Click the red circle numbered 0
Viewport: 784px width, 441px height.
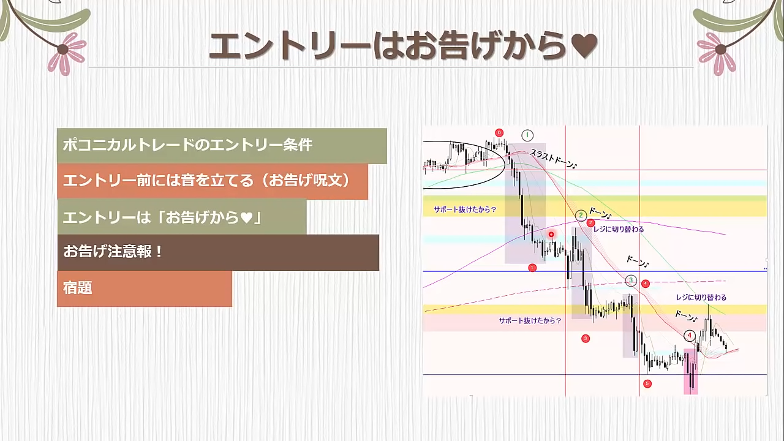pos(499,133)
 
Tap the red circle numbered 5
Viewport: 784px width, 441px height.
pos(647,383)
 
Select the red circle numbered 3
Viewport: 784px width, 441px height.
pos(586,339)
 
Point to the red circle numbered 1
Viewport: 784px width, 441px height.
pos(532,268)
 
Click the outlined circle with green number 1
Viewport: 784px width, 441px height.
pos(527,135)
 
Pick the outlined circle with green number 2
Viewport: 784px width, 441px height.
pos(581,215)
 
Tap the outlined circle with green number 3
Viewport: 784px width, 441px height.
pos(631,280)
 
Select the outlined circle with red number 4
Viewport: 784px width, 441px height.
pos(690,336)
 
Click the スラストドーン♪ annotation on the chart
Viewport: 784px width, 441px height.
pos(553,159)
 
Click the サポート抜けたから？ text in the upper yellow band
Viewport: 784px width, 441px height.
pos(465,209)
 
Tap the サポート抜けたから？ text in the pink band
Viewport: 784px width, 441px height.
pos(530,320)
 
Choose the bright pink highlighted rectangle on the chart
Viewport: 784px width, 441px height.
pos(690,372)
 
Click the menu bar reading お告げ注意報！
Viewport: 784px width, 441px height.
pos(218,252)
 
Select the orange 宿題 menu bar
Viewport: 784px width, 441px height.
pos(145,288)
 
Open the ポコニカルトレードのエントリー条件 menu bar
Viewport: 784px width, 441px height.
pos(222,146)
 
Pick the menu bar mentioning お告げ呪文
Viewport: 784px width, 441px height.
pos(213,181)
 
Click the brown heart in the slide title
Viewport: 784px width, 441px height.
pos(584,46)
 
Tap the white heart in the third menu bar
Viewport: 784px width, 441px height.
pos(247,217)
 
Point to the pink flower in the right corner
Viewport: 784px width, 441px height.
pos(717,53)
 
